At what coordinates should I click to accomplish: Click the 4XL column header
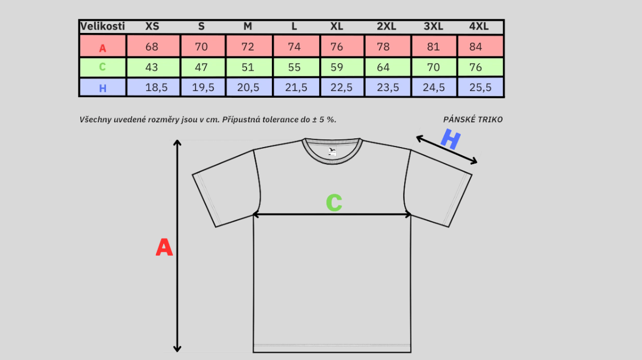tap(479, 26)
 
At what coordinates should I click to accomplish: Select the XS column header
tap(152, 26)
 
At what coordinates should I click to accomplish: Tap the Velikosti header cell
tap(103, 26)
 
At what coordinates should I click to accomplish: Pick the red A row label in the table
tap(103, 48)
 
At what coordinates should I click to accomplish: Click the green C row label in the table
tap(102, 67)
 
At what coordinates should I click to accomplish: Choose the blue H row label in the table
tap(103, 88)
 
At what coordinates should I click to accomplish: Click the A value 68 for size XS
tap(152, 47)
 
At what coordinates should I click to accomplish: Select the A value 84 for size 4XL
tap(476, 47)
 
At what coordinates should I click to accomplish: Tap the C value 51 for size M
tap(248, 67)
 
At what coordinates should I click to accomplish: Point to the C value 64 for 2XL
tap(383, 67)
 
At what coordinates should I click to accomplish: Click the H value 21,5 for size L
tap(297, 87)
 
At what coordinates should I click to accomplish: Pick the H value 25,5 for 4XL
tap(481, 87)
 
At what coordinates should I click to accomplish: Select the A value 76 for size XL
tap(337, 47)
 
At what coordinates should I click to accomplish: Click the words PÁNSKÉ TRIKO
tap(473, 120)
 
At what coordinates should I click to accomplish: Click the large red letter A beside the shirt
tap(164, 248)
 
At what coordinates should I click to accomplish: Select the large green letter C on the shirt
tap(334, 203)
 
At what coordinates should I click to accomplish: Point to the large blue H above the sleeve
tap(450, 140)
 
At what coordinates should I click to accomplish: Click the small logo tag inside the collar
tap(332, 151)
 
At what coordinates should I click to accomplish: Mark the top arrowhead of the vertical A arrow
tap(177, 143)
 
